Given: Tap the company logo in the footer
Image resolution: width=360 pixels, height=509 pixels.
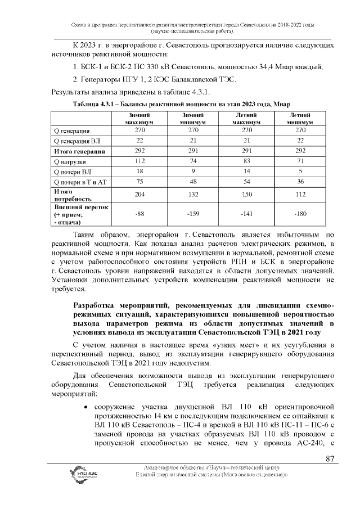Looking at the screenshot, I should [x=84, y=474].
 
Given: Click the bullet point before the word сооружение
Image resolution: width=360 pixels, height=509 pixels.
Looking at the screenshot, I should [x=85, y=406].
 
